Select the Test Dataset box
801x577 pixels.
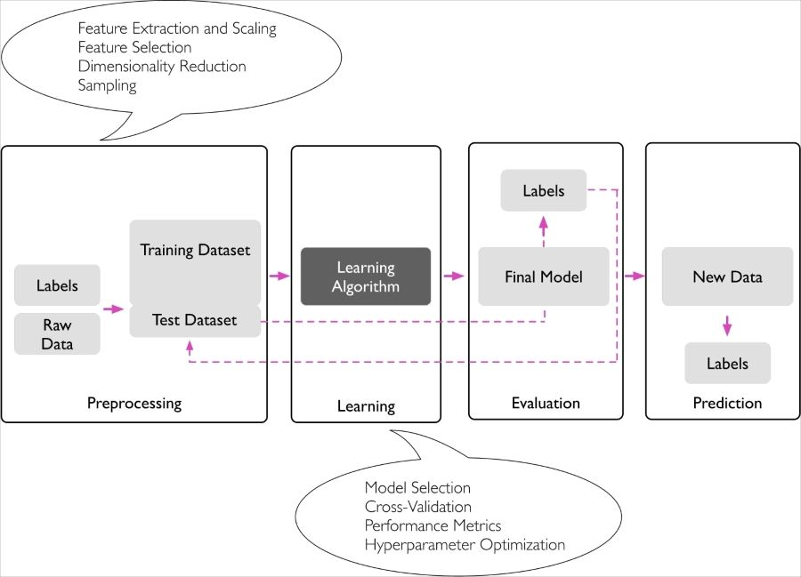195,320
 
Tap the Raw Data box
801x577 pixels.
57,333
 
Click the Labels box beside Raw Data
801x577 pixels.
57,285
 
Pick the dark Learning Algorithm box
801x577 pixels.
366,276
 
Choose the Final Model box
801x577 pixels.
544,276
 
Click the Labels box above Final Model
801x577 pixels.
544,190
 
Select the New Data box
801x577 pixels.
727,276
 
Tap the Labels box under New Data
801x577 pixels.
727,363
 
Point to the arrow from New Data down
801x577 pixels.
727,325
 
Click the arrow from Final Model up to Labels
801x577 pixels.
544,228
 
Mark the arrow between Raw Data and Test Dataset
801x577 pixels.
113,309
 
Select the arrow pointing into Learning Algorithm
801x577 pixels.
279,276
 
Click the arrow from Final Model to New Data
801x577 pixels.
635,276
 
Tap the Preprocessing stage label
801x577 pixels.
133,403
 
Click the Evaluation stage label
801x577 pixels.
546,403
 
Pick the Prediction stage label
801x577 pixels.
727,403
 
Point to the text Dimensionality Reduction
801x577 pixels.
162,67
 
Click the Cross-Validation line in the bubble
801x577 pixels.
418,506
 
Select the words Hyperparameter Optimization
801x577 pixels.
465,544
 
